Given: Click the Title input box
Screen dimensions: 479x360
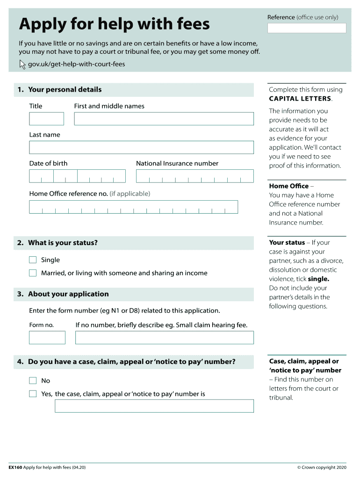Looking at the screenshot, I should tap(46, 119).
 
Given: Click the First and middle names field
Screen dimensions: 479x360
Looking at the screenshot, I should tap(164, 119).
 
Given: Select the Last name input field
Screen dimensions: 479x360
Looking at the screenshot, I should tap(141, 147).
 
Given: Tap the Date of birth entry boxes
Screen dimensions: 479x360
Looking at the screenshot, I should tap(77, 176).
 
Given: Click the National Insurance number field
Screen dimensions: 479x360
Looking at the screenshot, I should tap(194, 176).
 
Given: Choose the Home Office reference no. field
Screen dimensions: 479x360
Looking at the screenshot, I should tap(133, 207).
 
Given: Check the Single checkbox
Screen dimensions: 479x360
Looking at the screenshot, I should tap(33, 260).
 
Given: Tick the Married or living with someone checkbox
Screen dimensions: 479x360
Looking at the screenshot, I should tap(33, 273).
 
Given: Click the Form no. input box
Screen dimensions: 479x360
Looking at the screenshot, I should tap(47, 338).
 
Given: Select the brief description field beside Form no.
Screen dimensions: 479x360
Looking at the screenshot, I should tap(164, 338).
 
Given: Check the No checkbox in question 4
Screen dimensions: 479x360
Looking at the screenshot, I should tap(33, 381).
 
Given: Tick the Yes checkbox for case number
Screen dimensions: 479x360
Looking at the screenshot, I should tap(33, 394).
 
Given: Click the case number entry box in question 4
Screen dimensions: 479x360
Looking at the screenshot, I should tap(154, 406).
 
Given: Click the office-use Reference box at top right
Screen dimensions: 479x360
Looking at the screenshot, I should tap(307, 28).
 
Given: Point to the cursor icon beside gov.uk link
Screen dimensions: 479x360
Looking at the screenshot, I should tap(22, 65).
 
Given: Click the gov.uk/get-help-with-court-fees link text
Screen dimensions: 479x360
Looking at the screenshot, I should tap(77, 64).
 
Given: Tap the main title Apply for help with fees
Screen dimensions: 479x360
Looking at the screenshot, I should tap(114, 24).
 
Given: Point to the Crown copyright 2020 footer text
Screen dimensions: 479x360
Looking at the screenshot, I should tap(322, 467).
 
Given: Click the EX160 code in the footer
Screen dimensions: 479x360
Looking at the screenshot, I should tap(15, 467).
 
